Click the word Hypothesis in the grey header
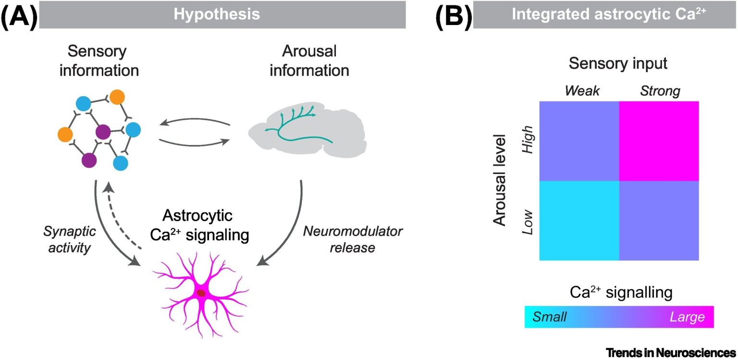point(217,14)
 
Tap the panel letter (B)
point(454,15)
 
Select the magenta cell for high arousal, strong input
point(659,141)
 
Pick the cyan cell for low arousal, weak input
point(579,221)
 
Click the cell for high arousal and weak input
point(579,141)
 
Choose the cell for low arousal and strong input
point(659,221)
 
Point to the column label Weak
point(582,91)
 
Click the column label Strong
point(660,91)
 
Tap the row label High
point(528,139)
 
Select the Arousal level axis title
point(500,180)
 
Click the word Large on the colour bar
point(687,317)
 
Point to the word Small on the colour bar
point(550,317)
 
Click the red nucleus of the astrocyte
point(201,293)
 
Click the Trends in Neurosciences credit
point(670,352)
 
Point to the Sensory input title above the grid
point(618,63)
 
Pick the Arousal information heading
point(309,61)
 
